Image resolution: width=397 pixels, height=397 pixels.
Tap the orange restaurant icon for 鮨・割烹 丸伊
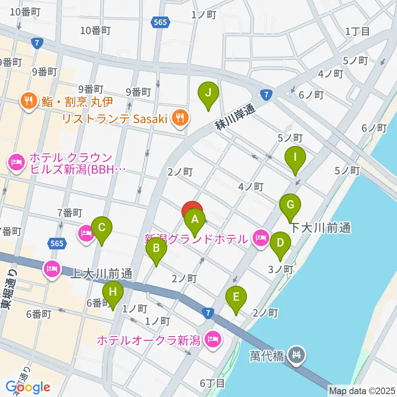[29, 100]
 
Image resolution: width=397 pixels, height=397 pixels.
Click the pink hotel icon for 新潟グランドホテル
[260, 239]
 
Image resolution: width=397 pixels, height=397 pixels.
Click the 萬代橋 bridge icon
[297, 354]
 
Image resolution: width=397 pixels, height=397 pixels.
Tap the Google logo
[28, 387]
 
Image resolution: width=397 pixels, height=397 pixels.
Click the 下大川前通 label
[320, 227]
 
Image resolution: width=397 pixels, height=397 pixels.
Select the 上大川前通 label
[101, 273]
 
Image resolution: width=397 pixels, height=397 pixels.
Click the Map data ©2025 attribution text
[361, 390]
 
